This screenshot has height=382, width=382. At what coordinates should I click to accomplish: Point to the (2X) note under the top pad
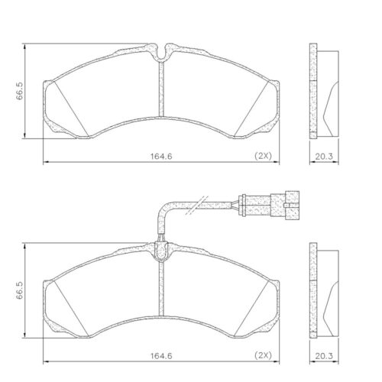264,156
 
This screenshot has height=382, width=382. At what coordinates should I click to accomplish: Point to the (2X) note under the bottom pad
264,354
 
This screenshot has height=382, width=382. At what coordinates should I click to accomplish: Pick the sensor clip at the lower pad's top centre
160,250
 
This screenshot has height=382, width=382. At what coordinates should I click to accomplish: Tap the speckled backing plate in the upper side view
312,92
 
